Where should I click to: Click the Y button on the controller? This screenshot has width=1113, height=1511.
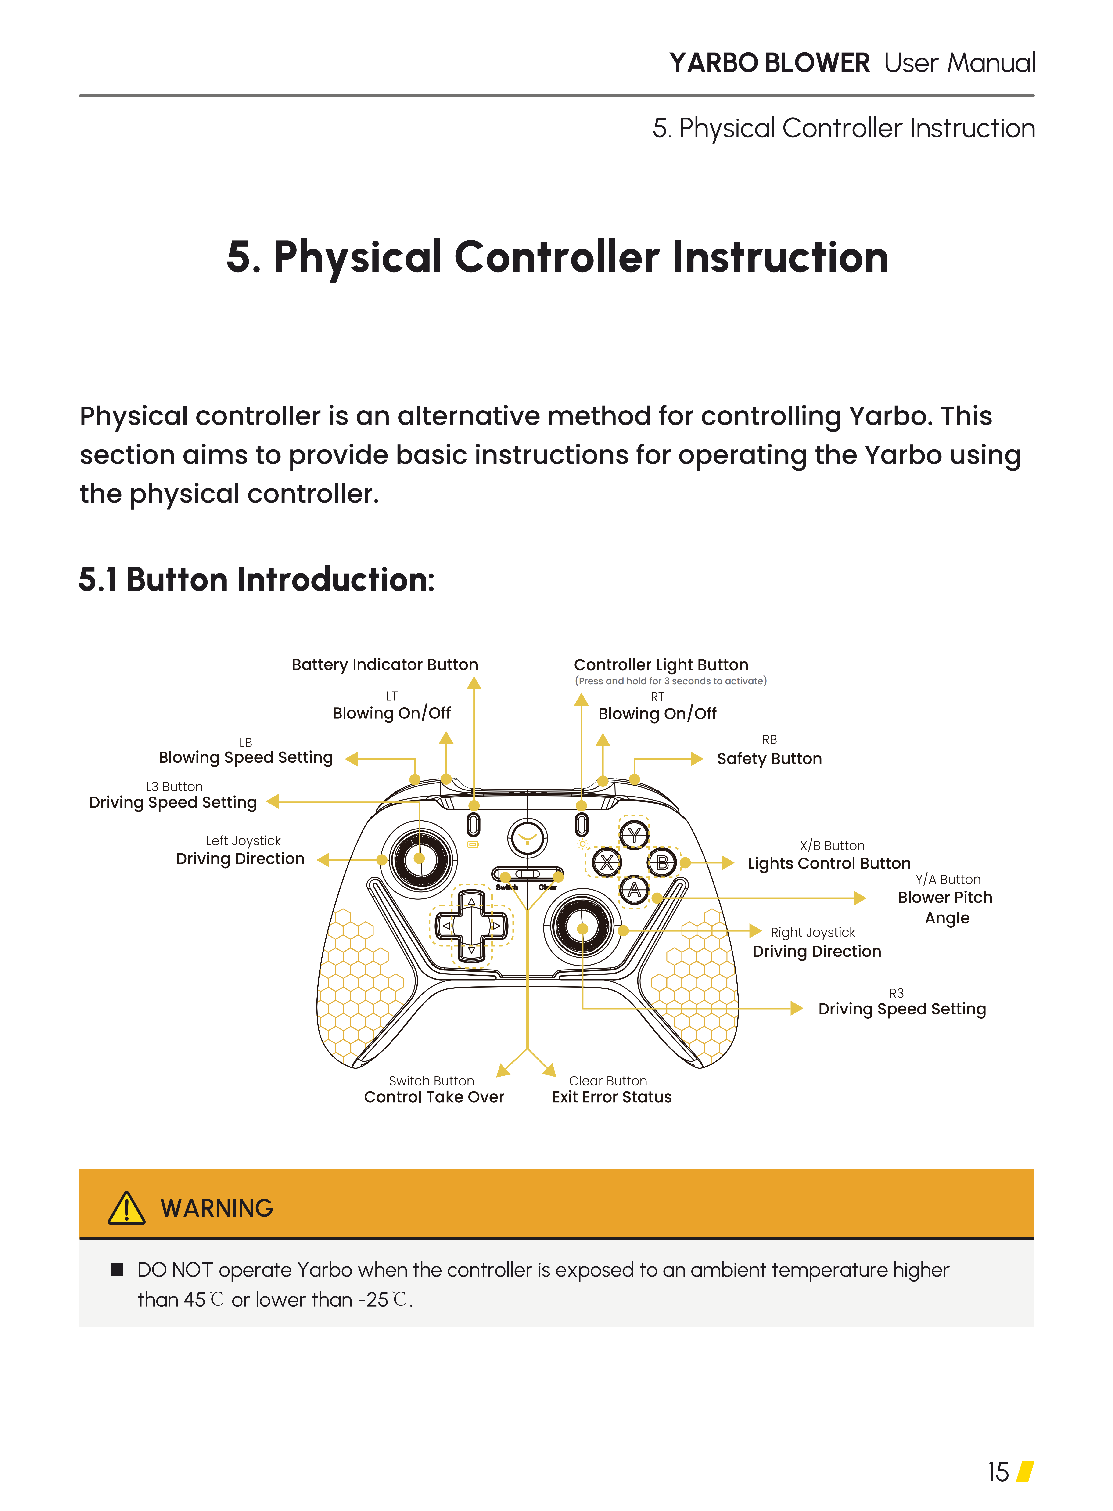pyautogui.click(x=633, y=836)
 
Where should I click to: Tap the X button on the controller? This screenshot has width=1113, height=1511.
pyautogui.click(x=606, y=863)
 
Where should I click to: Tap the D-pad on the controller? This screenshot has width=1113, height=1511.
pyautogui.click(x=471, y=926)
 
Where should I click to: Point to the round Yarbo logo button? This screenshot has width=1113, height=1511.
pyautogui.click(x=528, y=838)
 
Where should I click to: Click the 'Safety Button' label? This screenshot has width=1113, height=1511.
pyautogui.click(x=769, y=759)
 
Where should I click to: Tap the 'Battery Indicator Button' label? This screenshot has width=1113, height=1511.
pyautogui.click(x=385, y=664)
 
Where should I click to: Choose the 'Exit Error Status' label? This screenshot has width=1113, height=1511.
pyautogui.click(x=612, y=1097)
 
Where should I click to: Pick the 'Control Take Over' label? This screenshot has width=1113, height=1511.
pyautogui.click(x=434, y=1097)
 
